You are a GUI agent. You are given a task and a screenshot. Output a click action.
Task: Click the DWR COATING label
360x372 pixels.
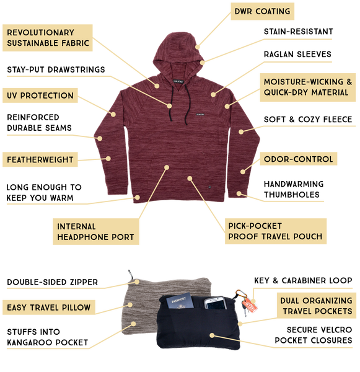[262, 11]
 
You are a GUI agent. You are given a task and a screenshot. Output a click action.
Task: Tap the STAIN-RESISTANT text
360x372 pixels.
[298, 32]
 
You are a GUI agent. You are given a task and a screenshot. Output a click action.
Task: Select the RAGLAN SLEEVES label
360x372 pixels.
[297, 55]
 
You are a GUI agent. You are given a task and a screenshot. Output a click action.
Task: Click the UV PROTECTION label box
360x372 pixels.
[40, 95]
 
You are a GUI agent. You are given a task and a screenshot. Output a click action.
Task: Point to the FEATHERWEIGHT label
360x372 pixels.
[40, 160]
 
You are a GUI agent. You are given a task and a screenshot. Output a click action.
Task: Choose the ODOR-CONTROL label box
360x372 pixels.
[298, 159]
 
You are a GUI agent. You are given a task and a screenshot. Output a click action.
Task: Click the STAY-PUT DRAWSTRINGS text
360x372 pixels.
[56, 69]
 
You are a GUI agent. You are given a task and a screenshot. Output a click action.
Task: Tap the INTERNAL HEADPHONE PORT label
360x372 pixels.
[96, 231]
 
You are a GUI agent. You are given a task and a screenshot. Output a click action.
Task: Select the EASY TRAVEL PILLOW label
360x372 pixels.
[49, 308]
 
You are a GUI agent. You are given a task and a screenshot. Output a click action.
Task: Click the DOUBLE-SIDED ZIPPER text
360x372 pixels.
[53, 282]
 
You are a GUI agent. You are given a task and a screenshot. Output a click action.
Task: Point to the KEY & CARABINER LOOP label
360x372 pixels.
[303, 281]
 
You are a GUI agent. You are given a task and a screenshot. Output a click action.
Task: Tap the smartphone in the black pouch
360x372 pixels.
[214, 303]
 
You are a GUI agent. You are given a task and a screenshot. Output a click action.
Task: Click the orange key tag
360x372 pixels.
[251, 306]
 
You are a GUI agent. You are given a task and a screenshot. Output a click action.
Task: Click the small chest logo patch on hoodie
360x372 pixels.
[200, 115]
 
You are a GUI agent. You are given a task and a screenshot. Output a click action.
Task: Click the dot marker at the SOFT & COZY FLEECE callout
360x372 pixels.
[241, 131]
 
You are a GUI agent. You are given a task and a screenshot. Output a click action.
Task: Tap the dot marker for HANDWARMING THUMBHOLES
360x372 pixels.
[239, 194]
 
